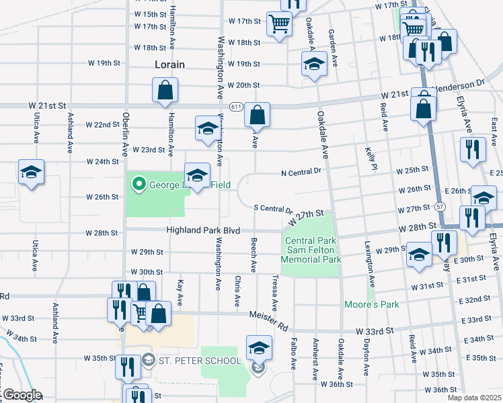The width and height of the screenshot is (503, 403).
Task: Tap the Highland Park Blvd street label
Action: (203, 230)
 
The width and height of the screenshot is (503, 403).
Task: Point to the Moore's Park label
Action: (371, 304)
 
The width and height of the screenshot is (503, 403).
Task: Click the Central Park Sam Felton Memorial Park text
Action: (313, 250)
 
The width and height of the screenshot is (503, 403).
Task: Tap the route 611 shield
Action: (235, 107)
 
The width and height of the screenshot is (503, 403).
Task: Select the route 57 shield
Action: (440, 206)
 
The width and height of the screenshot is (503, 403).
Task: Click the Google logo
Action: (22, 395)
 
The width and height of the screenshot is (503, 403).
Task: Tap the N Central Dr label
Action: (301, 172)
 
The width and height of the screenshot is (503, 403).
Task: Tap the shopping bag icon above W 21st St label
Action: (165, 91)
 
